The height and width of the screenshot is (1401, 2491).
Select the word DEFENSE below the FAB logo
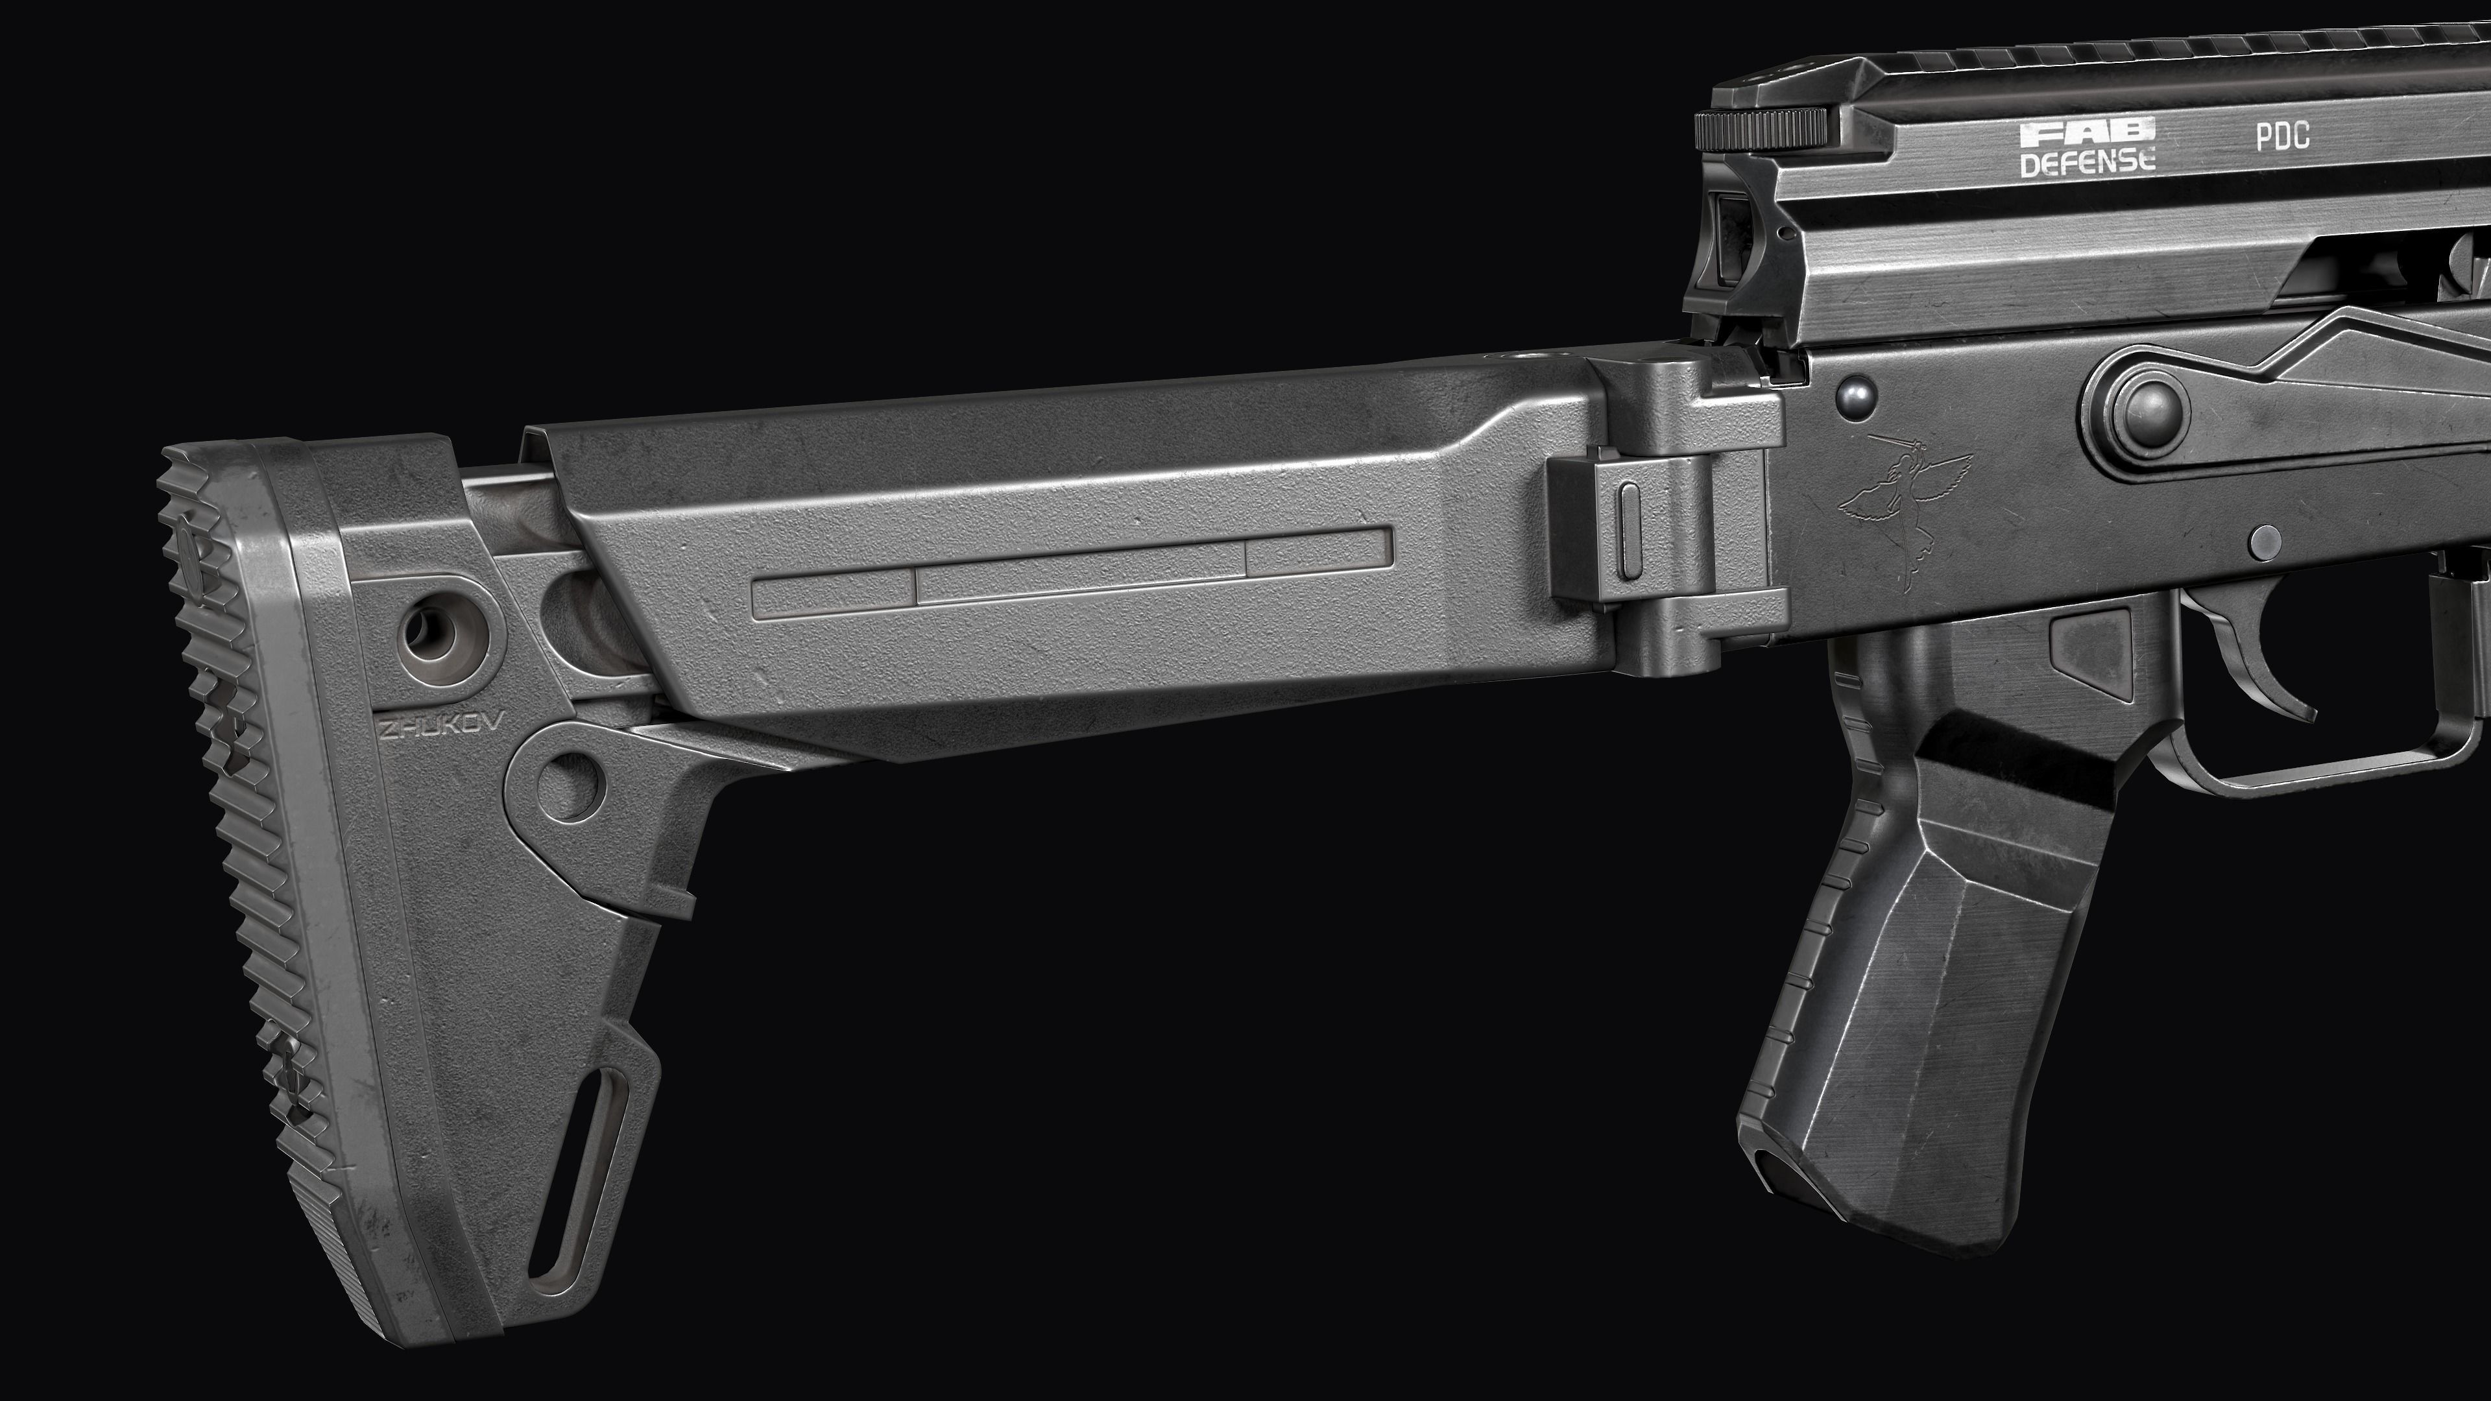(x=2088, y=162)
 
